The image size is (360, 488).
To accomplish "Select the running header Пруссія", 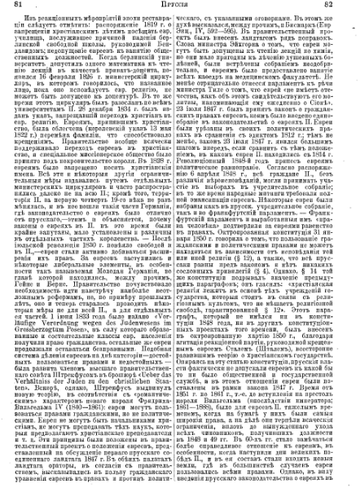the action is point(181,7).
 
